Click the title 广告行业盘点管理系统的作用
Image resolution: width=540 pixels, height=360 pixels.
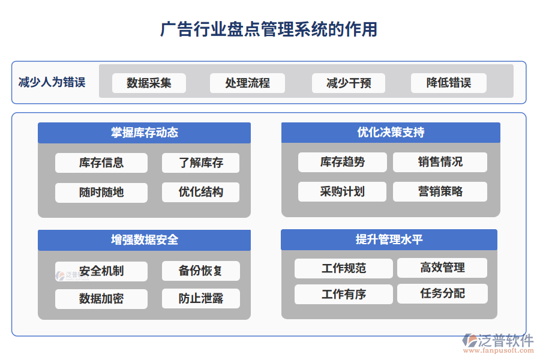269,29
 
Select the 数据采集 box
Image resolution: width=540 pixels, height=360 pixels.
149,83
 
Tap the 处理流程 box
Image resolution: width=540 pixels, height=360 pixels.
247,83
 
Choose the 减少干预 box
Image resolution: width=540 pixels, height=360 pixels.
348,83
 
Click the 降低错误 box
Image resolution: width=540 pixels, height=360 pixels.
448,83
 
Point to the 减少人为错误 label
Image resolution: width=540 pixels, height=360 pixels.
52,82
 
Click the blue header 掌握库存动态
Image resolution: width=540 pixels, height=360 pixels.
144,133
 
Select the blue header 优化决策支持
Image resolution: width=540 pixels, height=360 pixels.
391,133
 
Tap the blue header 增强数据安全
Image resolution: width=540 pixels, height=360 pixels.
144,240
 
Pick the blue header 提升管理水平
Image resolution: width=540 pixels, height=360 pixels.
389,239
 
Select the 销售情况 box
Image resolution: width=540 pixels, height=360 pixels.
440,162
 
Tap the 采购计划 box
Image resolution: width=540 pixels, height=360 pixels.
342,192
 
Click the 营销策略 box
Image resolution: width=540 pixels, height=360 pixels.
440,192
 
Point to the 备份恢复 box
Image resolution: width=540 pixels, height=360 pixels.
200,271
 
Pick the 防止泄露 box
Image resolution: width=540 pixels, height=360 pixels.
200,298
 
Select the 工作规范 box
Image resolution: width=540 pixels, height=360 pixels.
343,268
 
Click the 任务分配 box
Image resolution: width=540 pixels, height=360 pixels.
442,293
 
